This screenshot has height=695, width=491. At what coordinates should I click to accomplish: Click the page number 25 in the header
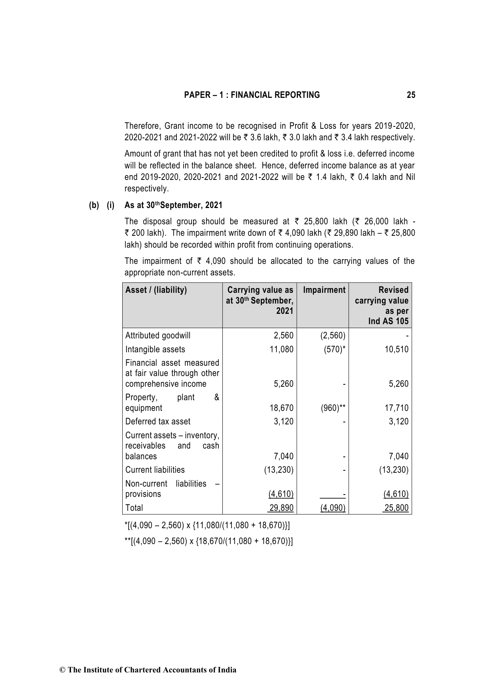(411, 95)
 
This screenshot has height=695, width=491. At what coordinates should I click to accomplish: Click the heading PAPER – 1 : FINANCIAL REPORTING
(252, 95)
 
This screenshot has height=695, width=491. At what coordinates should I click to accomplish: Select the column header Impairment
(324, 290)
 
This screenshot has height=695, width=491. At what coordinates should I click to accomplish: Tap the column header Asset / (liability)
(156, 290)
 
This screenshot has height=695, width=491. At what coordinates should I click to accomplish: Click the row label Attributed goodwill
(158, 336)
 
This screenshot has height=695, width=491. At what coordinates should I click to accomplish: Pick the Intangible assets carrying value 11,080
(282, 349)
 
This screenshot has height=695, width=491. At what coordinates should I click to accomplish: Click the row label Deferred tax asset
(158, 422)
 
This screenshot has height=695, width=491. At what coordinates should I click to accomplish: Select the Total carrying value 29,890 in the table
(282, 508)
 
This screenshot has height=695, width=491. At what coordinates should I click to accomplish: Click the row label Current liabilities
(155, 470)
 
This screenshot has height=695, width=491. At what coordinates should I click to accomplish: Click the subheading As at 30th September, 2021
(173, 205)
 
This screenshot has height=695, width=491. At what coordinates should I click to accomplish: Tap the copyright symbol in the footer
(62, 670)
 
